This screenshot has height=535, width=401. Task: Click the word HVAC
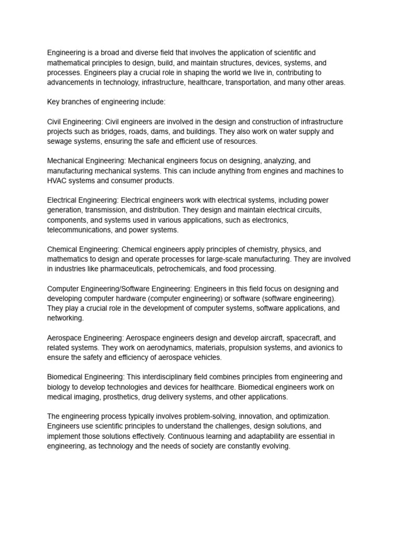(57, 181)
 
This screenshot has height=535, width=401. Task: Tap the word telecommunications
(79, 230)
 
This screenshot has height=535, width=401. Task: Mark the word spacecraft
(297, 338)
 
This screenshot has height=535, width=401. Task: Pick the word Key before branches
(54, 102)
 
